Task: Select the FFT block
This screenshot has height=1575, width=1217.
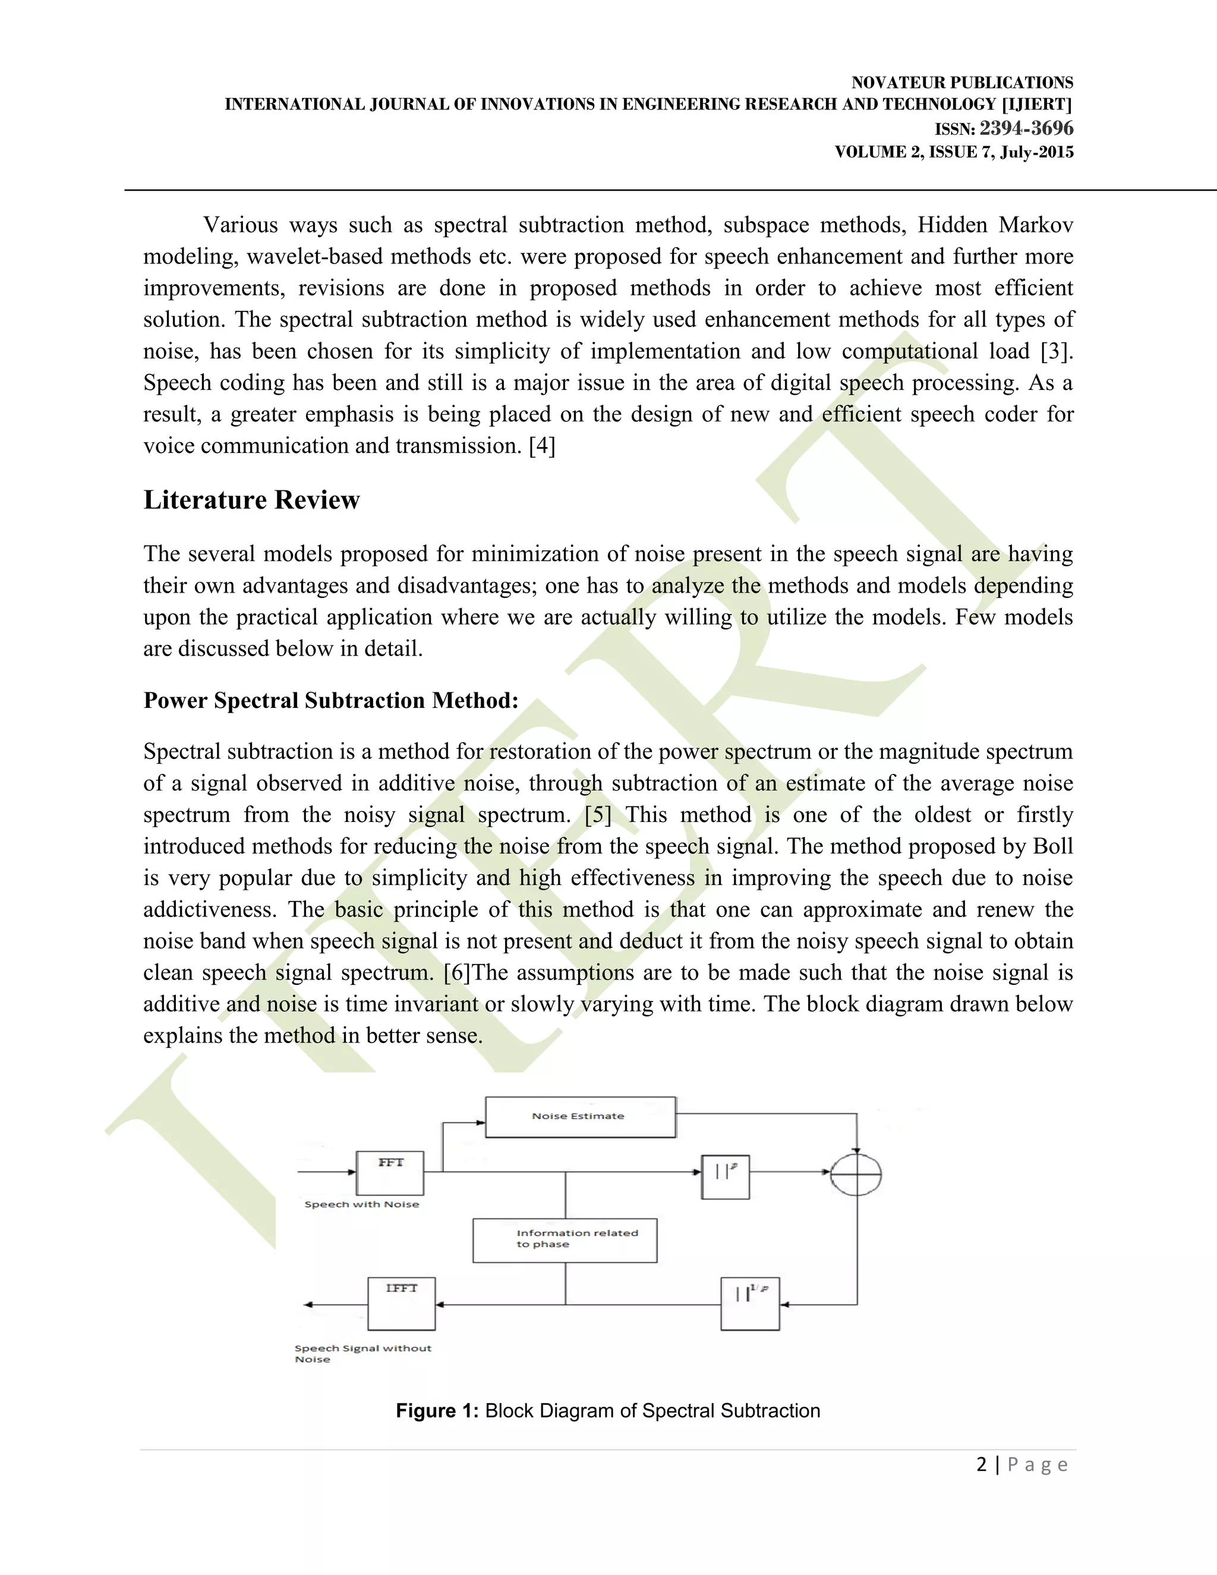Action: pos(390,1173)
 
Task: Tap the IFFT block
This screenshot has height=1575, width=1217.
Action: pos(402,1303)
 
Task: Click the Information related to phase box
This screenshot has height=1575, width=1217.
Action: pos(565,1240)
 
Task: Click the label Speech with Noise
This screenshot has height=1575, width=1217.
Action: pos(361,1204)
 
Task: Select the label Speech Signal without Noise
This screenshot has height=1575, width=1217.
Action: pos(362,1353)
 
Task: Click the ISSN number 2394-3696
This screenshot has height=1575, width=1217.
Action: pos(1026,128)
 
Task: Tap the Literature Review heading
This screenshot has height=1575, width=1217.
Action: pos(251,500)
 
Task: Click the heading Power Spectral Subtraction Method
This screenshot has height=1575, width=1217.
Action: pos(331,700)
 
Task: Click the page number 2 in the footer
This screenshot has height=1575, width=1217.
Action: pos(981,1464)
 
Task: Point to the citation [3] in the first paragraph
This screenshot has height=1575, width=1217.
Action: pos(1057,351)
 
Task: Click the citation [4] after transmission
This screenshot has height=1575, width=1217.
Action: pos(542,446)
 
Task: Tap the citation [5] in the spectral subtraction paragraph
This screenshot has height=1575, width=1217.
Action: pos(598,815)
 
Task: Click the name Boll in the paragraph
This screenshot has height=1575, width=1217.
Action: pos(1052,846)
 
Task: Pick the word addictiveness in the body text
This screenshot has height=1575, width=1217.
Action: pos(209,909)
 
